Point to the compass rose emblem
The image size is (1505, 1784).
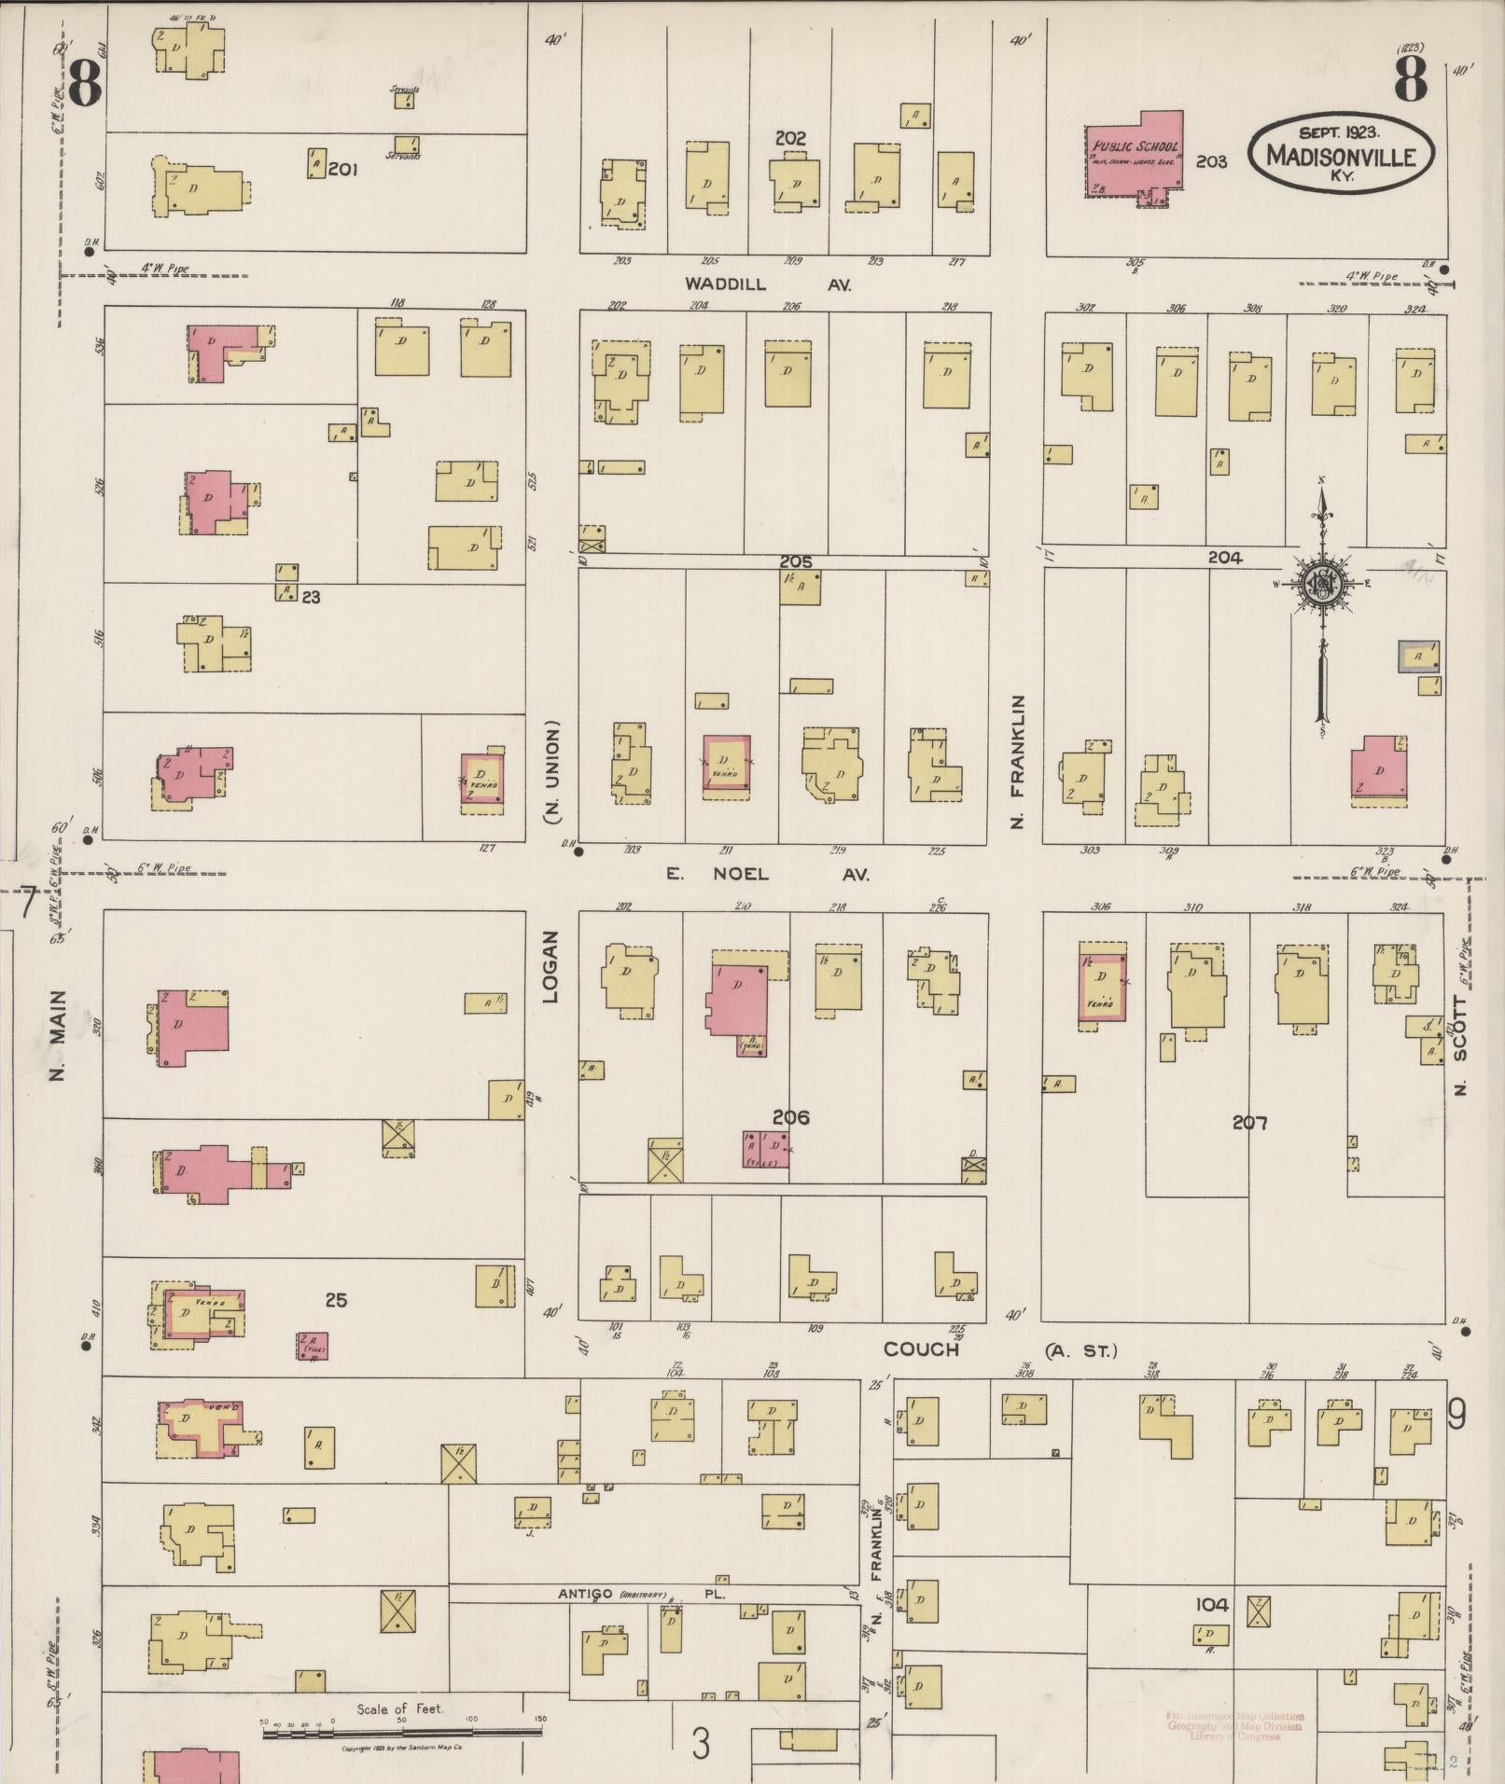1322,585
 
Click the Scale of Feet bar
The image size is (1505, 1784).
401,1733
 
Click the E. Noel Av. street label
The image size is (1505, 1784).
767,875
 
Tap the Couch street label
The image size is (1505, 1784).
921,1349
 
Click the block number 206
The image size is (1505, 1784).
790,1117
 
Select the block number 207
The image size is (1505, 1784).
1249,1123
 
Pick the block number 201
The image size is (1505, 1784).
343,170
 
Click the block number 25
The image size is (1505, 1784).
336,1299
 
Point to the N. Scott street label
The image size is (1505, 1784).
1460,1045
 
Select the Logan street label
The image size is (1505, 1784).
550,967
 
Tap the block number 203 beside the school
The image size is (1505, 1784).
1211,161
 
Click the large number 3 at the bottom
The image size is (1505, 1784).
701,1743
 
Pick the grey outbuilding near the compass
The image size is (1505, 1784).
1417,657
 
